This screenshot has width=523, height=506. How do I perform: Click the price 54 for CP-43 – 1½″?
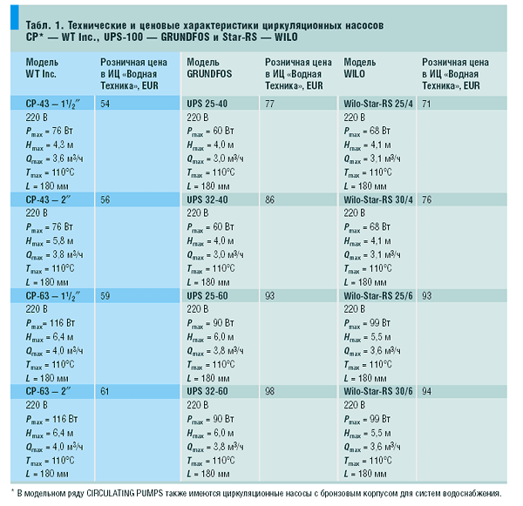click(105, 104)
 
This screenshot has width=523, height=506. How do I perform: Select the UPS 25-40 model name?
click(207, 104)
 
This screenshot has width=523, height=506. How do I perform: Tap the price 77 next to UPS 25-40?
click(269, 104)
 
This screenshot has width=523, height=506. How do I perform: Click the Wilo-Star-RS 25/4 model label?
click(378, 104)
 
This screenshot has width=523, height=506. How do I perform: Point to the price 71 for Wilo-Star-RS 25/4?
click(426, 104)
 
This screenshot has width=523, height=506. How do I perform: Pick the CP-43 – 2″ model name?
click(48, 199)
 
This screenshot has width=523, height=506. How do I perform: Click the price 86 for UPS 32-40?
click(269, 199)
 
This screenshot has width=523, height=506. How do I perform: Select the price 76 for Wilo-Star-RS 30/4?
click(426, 199)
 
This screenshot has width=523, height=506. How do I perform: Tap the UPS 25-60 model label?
click(207, 295)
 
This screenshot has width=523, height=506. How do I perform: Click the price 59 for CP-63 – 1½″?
click(105, 295)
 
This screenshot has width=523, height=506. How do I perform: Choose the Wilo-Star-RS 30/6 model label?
click(378, 391)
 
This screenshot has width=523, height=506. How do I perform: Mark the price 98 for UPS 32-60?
click(269, 391)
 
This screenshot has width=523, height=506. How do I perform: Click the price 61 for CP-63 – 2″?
click(105, 391)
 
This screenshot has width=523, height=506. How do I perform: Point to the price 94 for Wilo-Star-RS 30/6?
click(426, 391)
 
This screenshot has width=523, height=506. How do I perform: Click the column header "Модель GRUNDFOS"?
click(209, 68)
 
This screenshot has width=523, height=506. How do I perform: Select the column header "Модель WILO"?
click(359, 68)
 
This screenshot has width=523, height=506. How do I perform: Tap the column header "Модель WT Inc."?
click(42, 68)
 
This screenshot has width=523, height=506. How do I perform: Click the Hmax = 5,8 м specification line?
click(50, 241)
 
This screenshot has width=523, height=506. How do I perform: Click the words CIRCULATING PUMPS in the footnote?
click(125, 493)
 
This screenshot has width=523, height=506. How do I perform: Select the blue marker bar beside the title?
click(15, 17)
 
